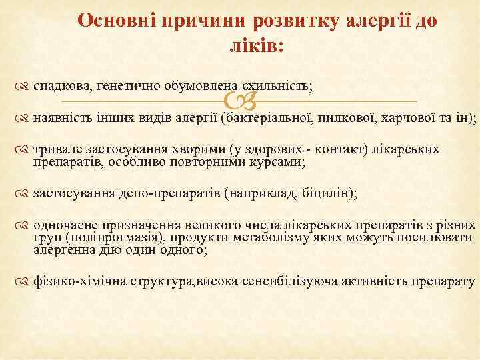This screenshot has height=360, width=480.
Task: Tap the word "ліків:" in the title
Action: [256, 47]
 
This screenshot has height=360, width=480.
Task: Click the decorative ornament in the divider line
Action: [241, 101]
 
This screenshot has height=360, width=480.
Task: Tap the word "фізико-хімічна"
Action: [73, 282]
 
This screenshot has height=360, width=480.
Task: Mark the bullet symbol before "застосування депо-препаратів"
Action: [21, 194]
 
